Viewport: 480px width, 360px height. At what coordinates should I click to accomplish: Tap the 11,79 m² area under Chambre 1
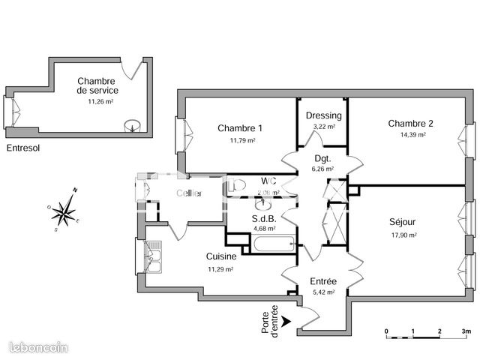click(242, 140)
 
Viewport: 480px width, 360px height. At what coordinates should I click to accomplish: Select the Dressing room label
click(324, 115)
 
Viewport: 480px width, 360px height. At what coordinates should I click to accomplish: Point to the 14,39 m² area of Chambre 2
click(412, 135)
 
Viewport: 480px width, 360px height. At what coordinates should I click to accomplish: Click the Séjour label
click(403, 222)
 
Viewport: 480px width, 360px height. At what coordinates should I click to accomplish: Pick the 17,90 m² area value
click(403, 235)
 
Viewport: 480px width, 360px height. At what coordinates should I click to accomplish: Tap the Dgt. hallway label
click(323, 158)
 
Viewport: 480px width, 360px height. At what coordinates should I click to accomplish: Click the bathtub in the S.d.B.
click(273, 244)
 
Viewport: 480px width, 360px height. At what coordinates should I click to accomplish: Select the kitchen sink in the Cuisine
click(154, 256)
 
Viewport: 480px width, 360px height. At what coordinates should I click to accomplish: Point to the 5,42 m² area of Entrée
click(324, 293)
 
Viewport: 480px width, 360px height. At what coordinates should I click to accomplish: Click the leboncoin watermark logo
click(38, 346)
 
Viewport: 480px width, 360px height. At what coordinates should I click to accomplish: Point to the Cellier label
click(188, 193)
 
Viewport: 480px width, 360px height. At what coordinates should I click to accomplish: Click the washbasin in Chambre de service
click(133, 127)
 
